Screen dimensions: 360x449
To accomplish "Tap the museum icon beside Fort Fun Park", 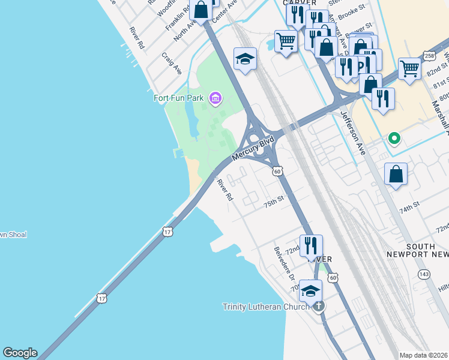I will point(215,97).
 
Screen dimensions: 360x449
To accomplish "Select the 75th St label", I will point(273,204).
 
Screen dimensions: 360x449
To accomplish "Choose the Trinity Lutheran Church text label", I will point(266,307).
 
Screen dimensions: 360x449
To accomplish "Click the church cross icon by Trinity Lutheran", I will point(319,306).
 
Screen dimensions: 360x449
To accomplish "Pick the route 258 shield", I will point(429,56).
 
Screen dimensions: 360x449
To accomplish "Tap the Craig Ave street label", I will point(172,63).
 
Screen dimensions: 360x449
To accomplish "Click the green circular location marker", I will point(394,139).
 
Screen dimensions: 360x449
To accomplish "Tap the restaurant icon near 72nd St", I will point(311,245).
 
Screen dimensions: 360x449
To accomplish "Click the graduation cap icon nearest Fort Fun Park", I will point(245,59).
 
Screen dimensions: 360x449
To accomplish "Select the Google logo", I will point(20,353).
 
